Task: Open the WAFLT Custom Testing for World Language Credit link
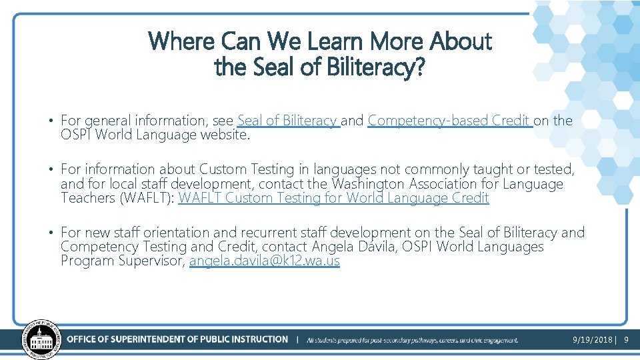pyautogui.click(x=333, y=198)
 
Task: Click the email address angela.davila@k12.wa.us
pyautogui.click(x=265, y=261)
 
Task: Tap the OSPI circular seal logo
pyautogui.click(x=41, y=339)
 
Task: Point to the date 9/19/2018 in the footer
pyautogui.click(x=593, y=340)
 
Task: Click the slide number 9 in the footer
pyautogui.click(x=626, y=340)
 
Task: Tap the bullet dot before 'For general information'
pyautogui.click(x=51, y=121)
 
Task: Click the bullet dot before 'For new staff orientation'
pyautogui.click(x=51, y=233)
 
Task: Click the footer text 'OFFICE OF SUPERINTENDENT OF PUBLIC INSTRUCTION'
pyautogui.click(x=177, y=339)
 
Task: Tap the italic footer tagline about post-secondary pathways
pyautogui.click(x=412, y=340)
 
